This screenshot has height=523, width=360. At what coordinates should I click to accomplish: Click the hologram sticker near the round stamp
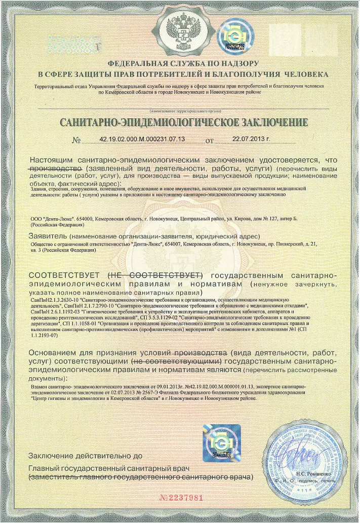click(221, 442)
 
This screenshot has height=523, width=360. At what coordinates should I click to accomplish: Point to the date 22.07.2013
click(251, 139)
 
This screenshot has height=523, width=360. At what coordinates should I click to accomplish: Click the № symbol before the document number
click(76, 139)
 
